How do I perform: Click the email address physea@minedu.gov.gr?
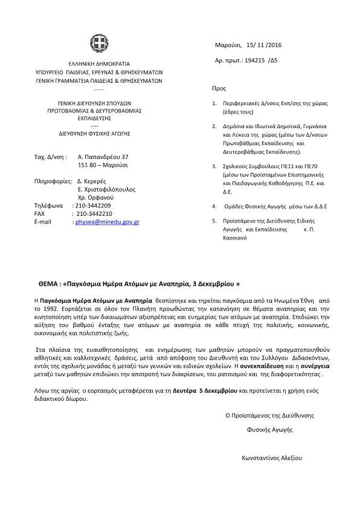pos(106,222)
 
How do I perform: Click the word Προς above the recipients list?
pos(219,88)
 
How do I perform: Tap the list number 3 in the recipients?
pos(214,166)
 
